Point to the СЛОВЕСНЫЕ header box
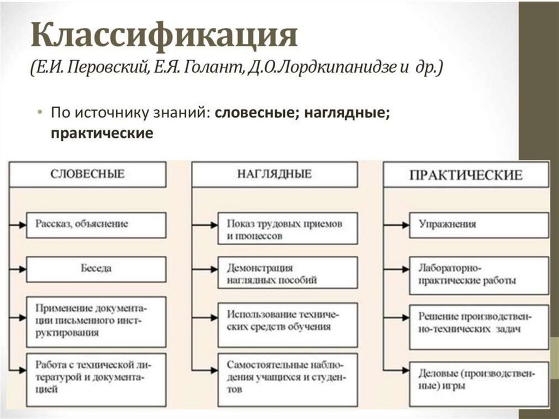[88, 174]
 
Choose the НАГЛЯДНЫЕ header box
[275, 174]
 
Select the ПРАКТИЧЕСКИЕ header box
[466, 175]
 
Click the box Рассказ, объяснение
[96, 225]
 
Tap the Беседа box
[96, 269]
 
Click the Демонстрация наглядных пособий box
[287, 275]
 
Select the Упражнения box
[478, 225]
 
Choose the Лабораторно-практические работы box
[478, 275]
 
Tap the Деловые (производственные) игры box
[478, 380]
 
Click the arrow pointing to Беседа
[19, 269]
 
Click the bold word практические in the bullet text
[101, 133]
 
